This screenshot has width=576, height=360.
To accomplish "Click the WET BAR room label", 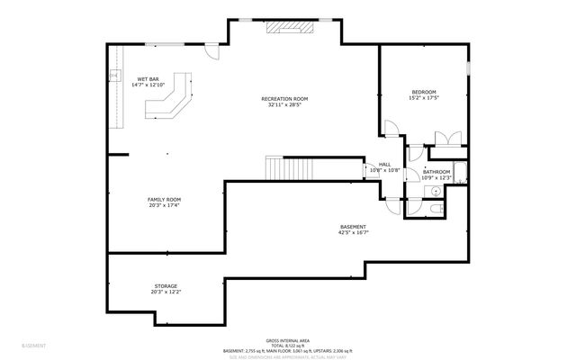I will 148,79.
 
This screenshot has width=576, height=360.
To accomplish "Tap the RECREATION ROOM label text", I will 284,98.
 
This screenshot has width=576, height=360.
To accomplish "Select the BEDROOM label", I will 424,92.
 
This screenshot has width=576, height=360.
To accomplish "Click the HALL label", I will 384,165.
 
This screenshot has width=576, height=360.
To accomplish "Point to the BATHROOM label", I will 436,172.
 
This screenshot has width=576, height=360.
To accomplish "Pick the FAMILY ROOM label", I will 165,199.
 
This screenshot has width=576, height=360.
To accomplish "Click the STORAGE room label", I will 165,286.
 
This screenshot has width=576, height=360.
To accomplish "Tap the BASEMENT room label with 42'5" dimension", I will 353,226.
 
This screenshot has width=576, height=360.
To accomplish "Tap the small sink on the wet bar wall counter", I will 115,76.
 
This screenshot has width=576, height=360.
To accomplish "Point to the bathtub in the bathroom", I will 461,173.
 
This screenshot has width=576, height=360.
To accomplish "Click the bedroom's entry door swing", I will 391,130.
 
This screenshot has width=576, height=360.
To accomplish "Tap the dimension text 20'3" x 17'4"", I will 165,205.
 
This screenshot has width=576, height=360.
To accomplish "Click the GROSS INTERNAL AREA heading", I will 288,340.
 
